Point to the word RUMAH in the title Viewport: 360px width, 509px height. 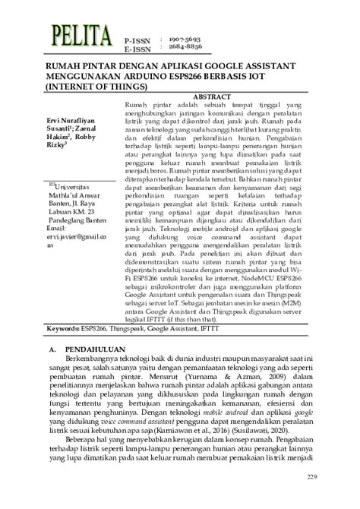[x=52, y=67]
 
